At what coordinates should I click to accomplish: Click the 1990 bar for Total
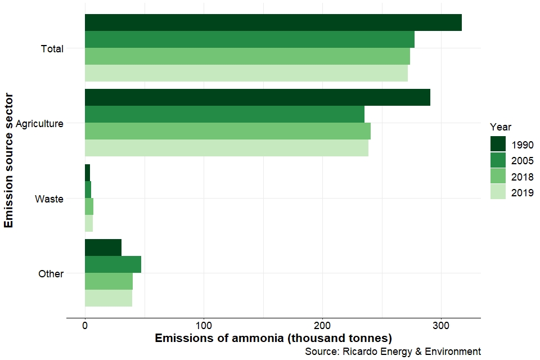(x=273, y=22)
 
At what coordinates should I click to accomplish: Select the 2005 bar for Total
(x=249, y=39)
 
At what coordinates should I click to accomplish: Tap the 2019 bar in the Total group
(x=246, y=73)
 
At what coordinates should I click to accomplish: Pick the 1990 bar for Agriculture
(x=257, y=97)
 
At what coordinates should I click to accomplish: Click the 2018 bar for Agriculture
(x=227, y=131)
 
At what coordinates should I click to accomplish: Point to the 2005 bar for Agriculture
(x=224, y=114)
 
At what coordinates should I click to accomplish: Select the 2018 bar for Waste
(x=89, y=206)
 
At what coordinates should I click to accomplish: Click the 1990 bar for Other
(x=103, y=247)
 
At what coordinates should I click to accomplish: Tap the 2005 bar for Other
(x=112, y=264)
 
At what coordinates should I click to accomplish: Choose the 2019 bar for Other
(x=108, y=298)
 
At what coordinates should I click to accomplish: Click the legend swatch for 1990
(x=498, y=144)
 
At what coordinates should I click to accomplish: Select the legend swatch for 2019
(x=498, y=192)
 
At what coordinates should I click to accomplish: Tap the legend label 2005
(x=523, y=160)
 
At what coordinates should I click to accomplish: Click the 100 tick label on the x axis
(x=204, y=325)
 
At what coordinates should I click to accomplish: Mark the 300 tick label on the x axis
(x=441, y=325)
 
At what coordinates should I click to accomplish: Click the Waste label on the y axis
(x=49, y=199)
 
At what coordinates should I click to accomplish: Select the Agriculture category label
(x=39, y=123)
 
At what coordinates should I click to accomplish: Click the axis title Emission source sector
(x=8, y=161)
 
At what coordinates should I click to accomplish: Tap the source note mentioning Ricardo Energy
(x=393, y=351)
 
